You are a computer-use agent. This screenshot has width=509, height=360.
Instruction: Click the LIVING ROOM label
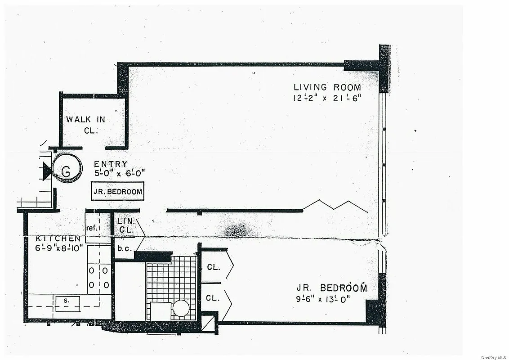click(x=327, y=87)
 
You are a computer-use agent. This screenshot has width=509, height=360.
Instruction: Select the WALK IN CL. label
click(x=85, y=125)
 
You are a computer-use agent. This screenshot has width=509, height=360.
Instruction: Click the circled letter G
click(x=67, y=171)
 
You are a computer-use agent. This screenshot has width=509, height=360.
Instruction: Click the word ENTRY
click(x=110, y=164)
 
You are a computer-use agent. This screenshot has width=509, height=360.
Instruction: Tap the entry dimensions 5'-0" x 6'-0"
click(x=119, y=173)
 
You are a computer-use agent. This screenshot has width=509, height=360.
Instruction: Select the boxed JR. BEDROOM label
click(x=117, y=192)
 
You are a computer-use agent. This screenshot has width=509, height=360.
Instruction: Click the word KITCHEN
click(x=58, y=238)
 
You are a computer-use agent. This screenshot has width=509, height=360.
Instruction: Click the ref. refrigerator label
click(x=93, y=228)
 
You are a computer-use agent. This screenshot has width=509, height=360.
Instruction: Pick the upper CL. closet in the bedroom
click(x=214, y=267)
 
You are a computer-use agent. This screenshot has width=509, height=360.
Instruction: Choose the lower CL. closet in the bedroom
click(x=214, y=297)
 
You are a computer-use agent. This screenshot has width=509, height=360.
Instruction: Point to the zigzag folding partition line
click(x=335, y=206)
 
